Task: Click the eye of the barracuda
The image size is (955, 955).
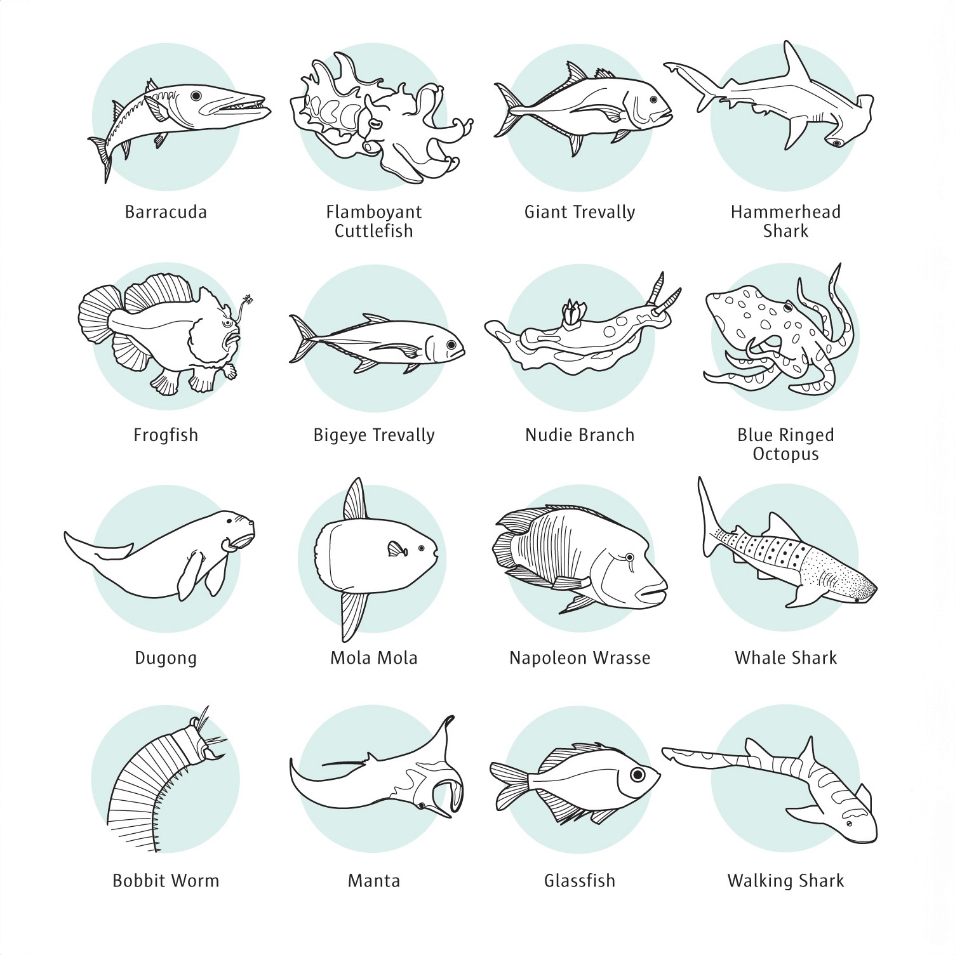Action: coord(196,95)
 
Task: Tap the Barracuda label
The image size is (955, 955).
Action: coord(166,212)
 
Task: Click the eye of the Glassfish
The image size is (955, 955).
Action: coord(637,775)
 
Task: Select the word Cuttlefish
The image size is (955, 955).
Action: coord(374,231)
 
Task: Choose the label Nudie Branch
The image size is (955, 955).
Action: coord(580,435)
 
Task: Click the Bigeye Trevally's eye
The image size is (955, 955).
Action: coord(451,345)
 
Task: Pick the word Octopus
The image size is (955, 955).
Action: coord(785,454)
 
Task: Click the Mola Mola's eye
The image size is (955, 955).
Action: coord(421,548)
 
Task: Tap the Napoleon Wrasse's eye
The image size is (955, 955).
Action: coord(629,557)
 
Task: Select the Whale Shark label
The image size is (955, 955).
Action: coord(785,658)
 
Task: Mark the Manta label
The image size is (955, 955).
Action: coord(374,881)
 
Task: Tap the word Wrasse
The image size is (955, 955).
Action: coord(622,658)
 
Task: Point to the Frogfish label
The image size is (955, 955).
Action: coord(166,435)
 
